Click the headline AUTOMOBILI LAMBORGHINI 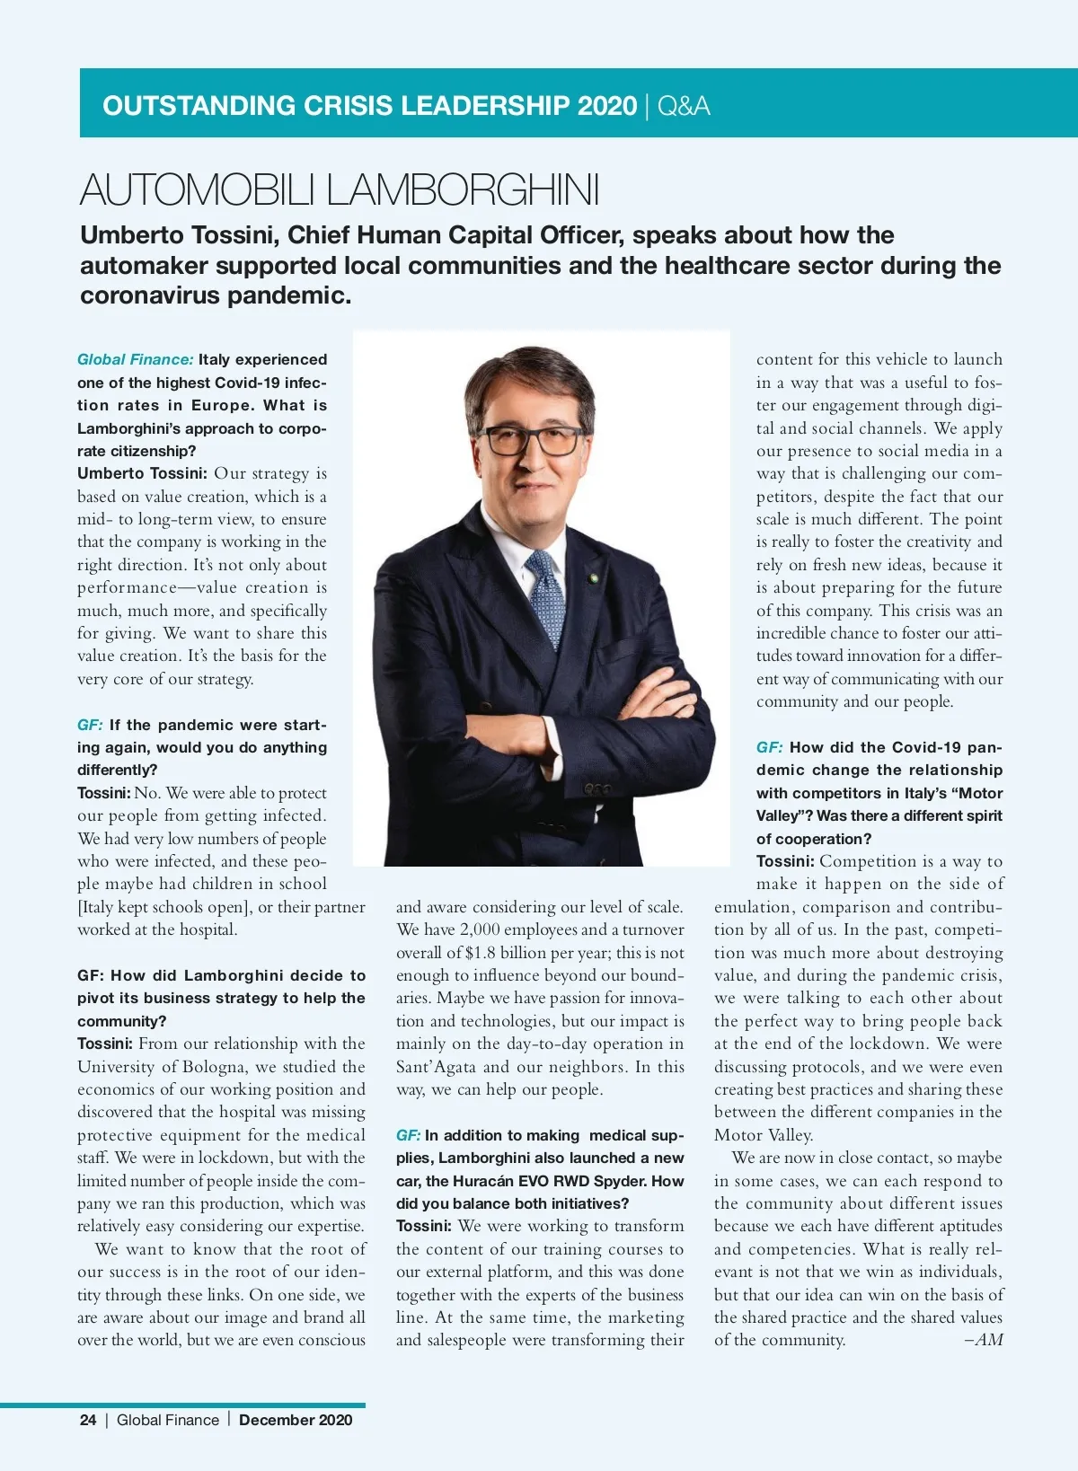pos(339,190)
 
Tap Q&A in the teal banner pos(684,106)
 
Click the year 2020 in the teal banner pos(607,106)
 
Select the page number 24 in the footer pos(88,1420)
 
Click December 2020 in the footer pos(296,1420)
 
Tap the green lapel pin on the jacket pos(593,577)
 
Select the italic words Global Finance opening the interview pos(135,359)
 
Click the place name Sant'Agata pos(437,1067)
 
